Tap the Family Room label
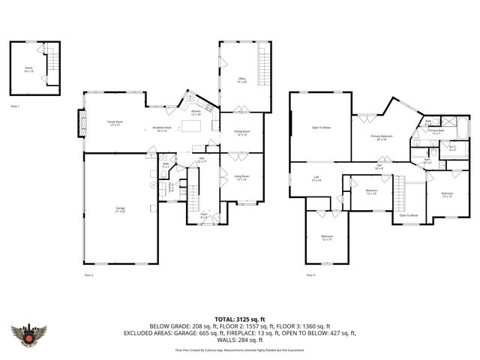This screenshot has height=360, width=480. click(115, 123)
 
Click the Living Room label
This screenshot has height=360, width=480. click(241, 177)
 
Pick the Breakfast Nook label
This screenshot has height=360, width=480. click(162, 129)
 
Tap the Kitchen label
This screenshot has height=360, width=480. click(196, 112)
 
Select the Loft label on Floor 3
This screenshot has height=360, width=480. click(316, 178)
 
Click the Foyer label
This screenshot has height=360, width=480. click(203, 214)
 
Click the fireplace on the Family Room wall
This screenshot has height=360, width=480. click(82, 123)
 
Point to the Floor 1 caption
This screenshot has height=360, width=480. click(14, 106)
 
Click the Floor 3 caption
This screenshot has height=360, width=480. click(310, 275)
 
